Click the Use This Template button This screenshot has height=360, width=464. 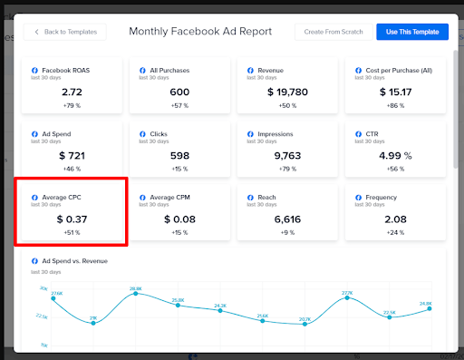click(x=411, y=32)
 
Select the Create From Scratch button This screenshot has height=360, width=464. click(x=333, y=32)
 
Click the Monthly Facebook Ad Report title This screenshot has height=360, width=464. click(x=200, y=32)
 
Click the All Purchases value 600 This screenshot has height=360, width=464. click(x=179, y=92)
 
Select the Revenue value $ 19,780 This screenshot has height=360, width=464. click(x=287, y=92)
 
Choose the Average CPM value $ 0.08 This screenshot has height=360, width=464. click(x=179, y=219)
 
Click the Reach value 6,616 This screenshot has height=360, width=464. click(x=287, y=219)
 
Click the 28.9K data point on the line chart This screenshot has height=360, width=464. click(x=136, y=294)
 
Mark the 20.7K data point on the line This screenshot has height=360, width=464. click(x=304, y=324)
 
